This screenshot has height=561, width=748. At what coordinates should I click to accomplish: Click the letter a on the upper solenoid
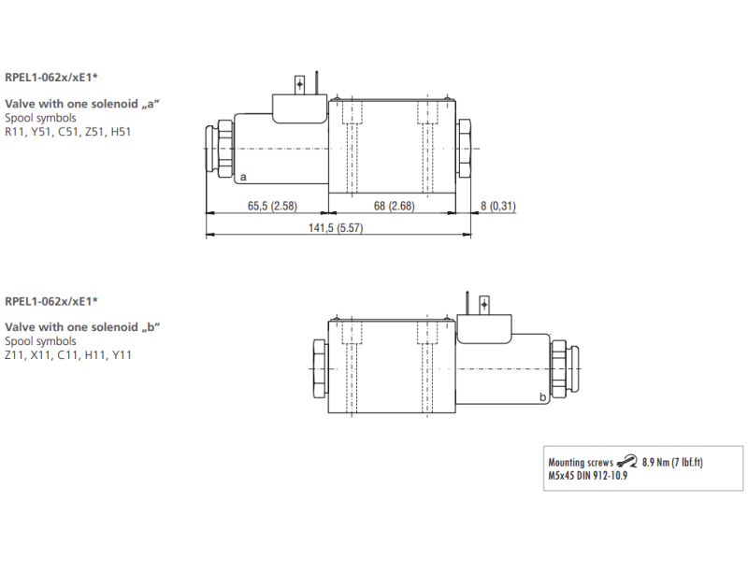(x=243, y=177)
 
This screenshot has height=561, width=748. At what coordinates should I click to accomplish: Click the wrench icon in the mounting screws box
(x=627, y=462)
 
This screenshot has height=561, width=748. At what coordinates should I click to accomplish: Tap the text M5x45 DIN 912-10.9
(x=586, y=475)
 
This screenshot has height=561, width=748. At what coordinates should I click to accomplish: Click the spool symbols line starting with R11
(x=67, y=132)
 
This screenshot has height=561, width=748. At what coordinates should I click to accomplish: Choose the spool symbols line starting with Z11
(x=68, y=355)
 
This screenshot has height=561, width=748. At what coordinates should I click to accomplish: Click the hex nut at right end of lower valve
(x=560, y=371)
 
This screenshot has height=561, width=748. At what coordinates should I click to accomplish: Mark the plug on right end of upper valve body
(x=464, y=150)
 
